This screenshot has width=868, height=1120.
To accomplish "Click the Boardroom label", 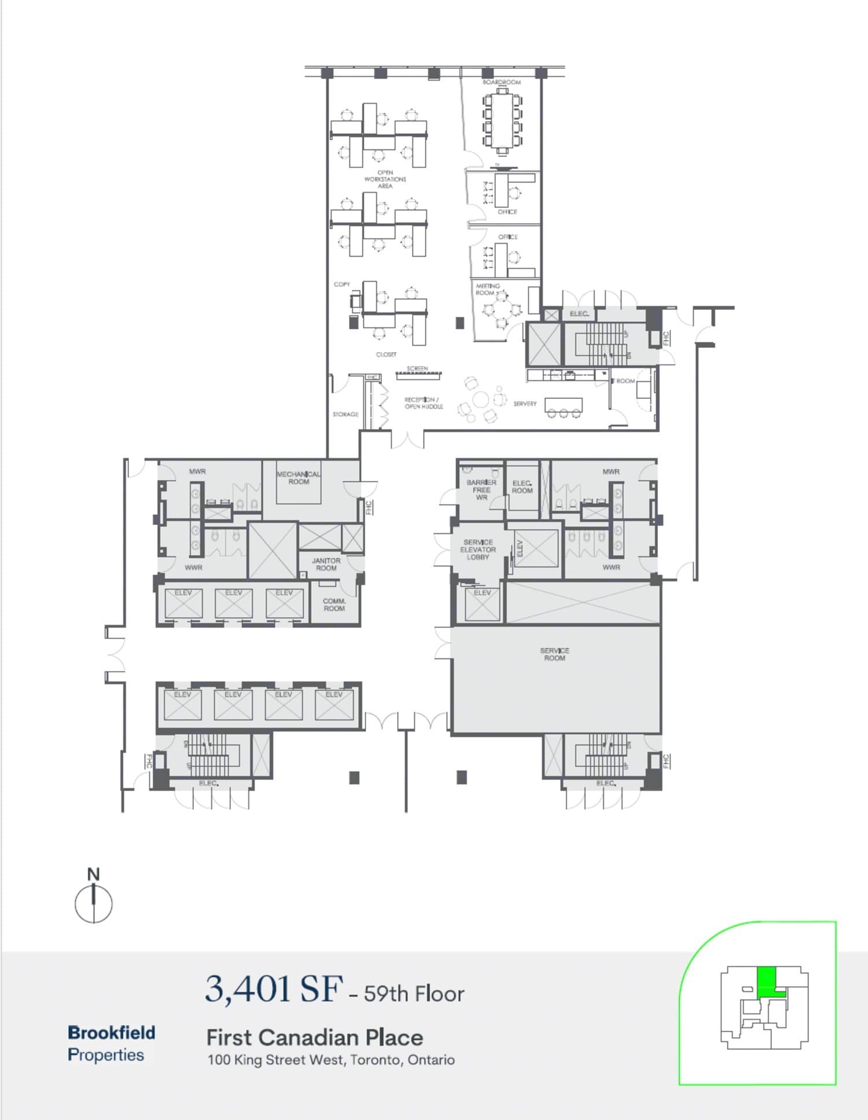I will pyautogui.click(x=501, y=83).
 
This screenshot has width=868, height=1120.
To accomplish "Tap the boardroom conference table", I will pyautogui.click(x=502, y=122).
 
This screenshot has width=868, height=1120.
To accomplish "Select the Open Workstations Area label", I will pyautogui.click(x=385, y=180).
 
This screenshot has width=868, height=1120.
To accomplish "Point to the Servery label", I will pyautogui.click(x=525, y=404).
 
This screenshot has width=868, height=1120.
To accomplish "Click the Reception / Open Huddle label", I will pyautogui.click(x=424, y=403).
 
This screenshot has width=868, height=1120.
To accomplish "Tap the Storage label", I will pyautogui.click(x=345, y=414).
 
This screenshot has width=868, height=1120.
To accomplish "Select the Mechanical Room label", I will pyautogui.click(x=299, y=478).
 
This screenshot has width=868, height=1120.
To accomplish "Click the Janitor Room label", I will pyautogui.click(x=326, y=565).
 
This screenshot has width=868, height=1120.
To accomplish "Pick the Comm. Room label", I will pyautogui.click(x=334, y=605).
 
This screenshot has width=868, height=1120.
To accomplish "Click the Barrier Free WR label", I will pyautogui.click(x=481, y=490).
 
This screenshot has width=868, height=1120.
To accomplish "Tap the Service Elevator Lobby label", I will pyautogui.click(x=478, y=550).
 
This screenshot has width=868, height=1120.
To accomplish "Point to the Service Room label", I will pyautogui.click(x=554, y=654).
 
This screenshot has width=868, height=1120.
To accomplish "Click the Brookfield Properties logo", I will pyautogui.click(x=111, y=1043).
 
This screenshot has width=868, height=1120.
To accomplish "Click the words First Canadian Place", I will pyautogui.click(x=315, y=1037).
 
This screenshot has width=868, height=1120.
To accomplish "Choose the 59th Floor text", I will pyautogui.click(x=414, y=994).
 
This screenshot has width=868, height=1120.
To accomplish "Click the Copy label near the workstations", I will pyautogui.click(x=342, y=284).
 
